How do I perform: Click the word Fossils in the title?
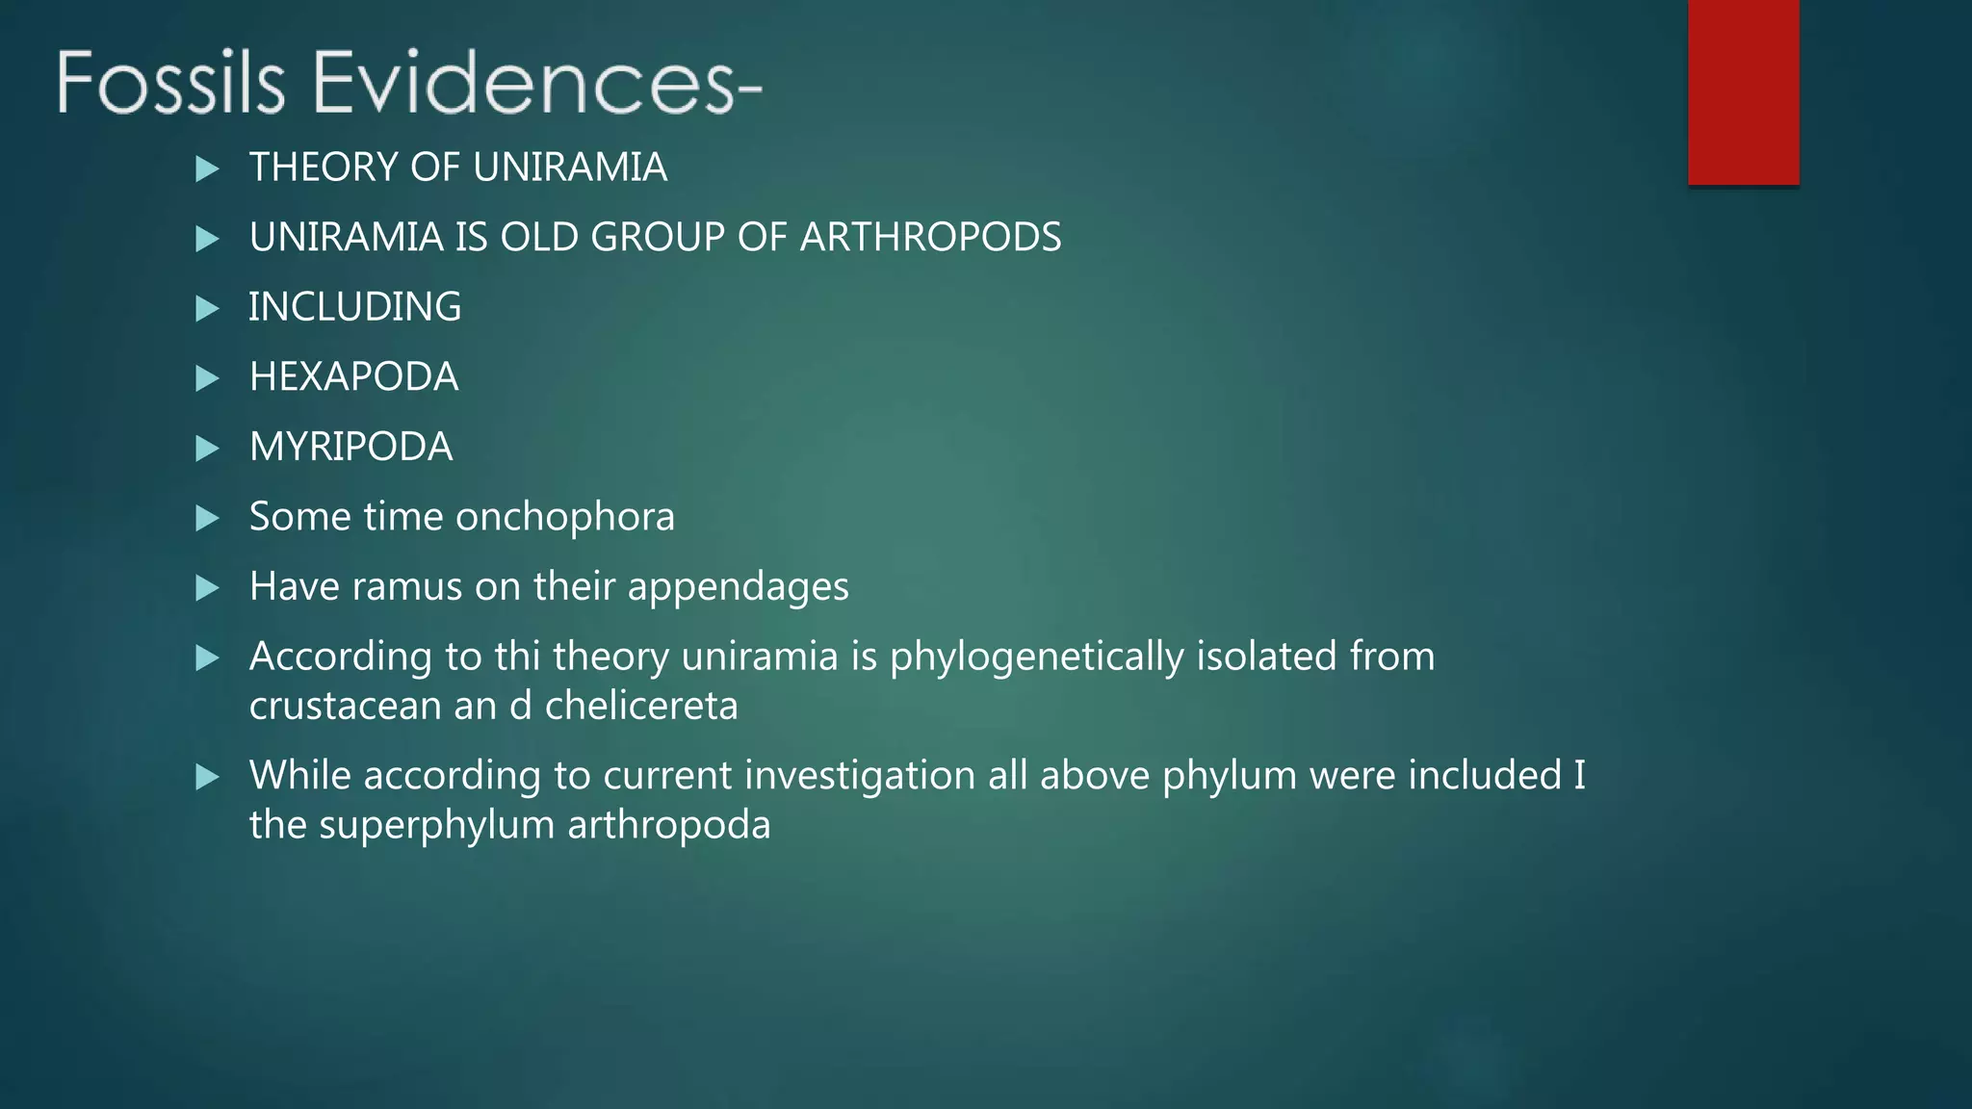[170, 83]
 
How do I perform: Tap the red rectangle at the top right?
[1743, 92]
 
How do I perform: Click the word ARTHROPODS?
[930, 238]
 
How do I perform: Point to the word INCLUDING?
[354, 307]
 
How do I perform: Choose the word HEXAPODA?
[353, 377]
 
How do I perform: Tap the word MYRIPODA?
[350, 448]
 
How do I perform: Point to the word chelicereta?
[641, 707]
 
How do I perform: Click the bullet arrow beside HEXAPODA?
[207, 378]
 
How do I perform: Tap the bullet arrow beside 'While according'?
[207, 777]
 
